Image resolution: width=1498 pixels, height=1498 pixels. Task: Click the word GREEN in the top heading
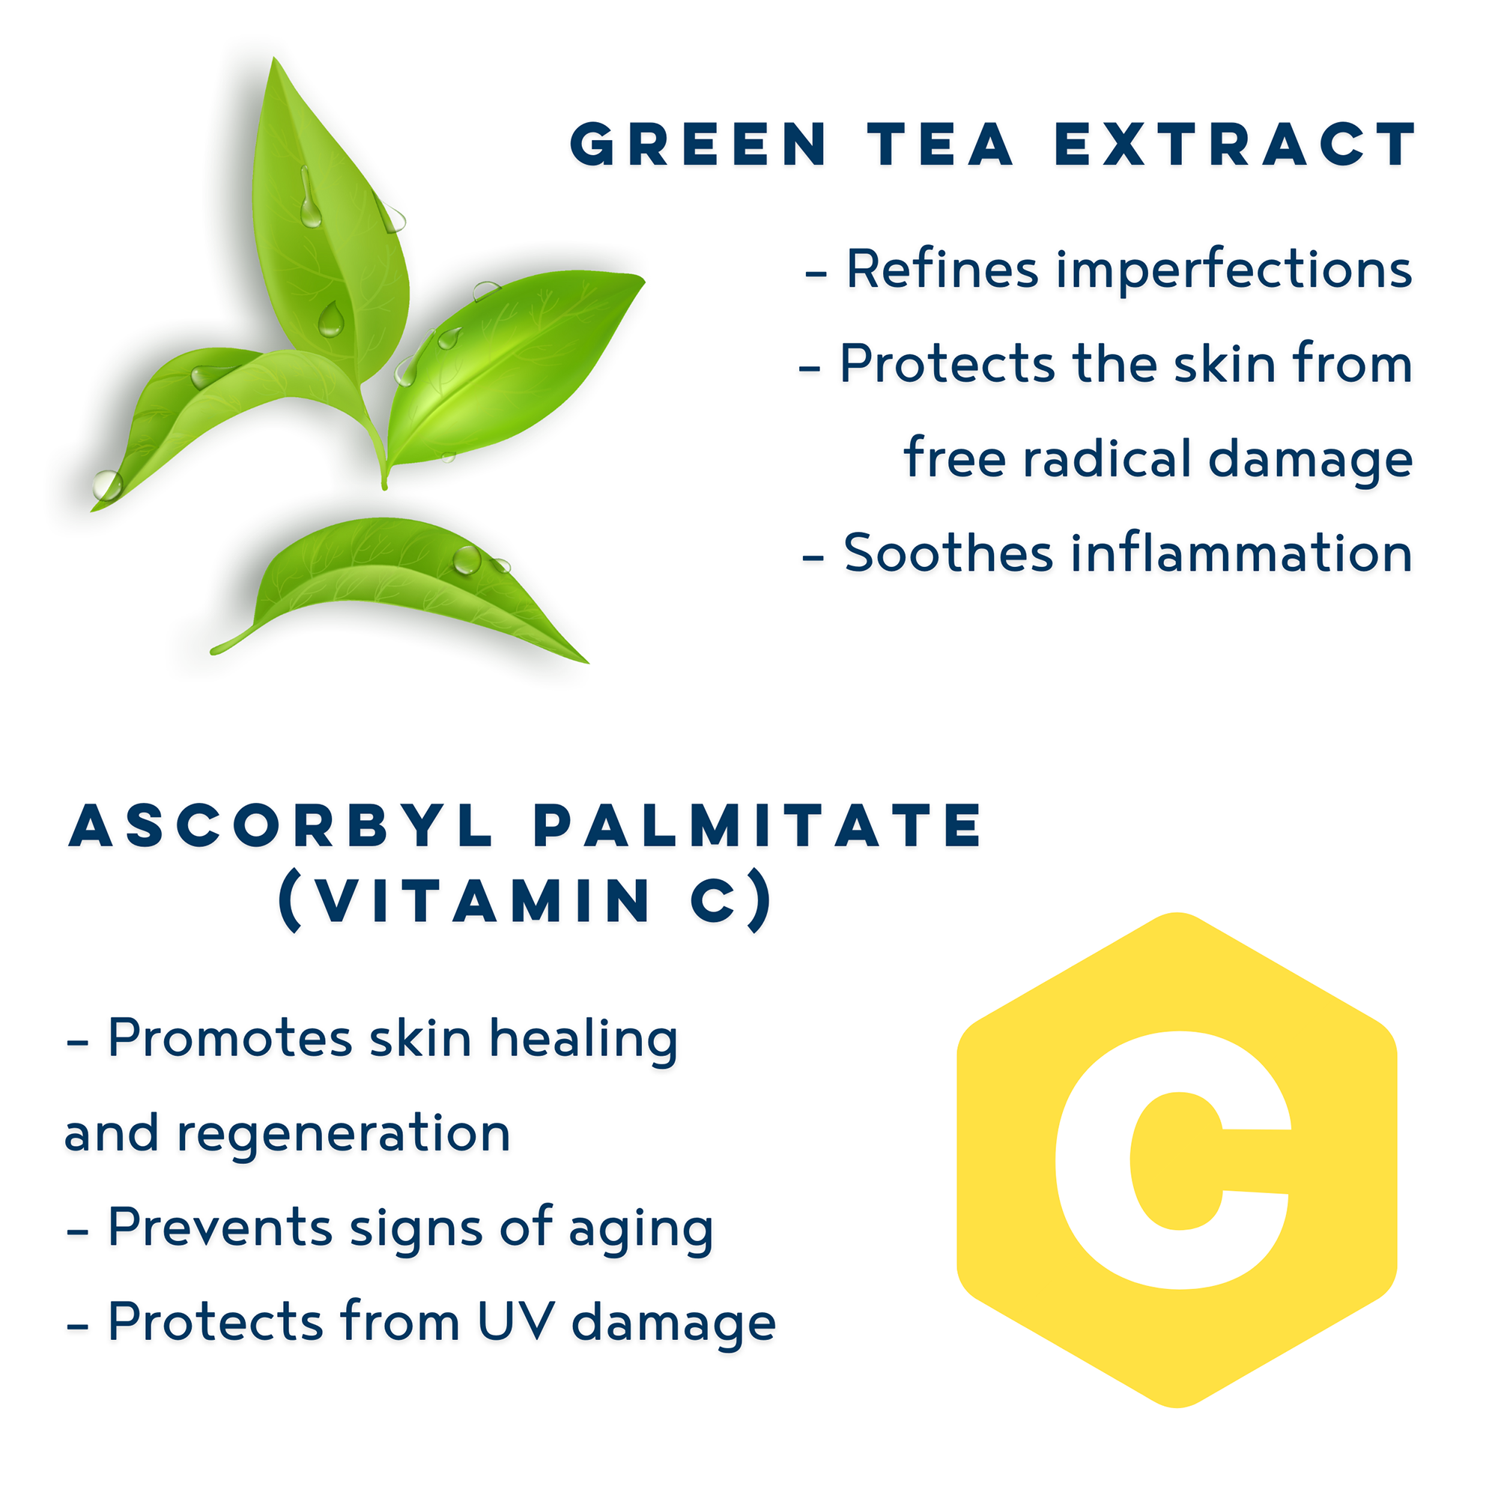pos(699,145)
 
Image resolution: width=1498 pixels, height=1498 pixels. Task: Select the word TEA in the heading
pos(941,145)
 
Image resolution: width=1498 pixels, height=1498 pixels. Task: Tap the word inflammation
pos(1241,554)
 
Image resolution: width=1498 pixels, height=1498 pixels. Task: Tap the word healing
pos(583,1039)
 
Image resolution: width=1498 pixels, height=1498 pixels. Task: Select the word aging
pos(640,1231)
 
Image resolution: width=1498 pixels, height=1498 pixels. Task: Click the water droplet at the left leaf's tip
pos(107,486)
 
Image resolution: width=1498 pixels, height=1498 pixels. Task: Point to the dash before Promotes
pos(78,1043)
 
